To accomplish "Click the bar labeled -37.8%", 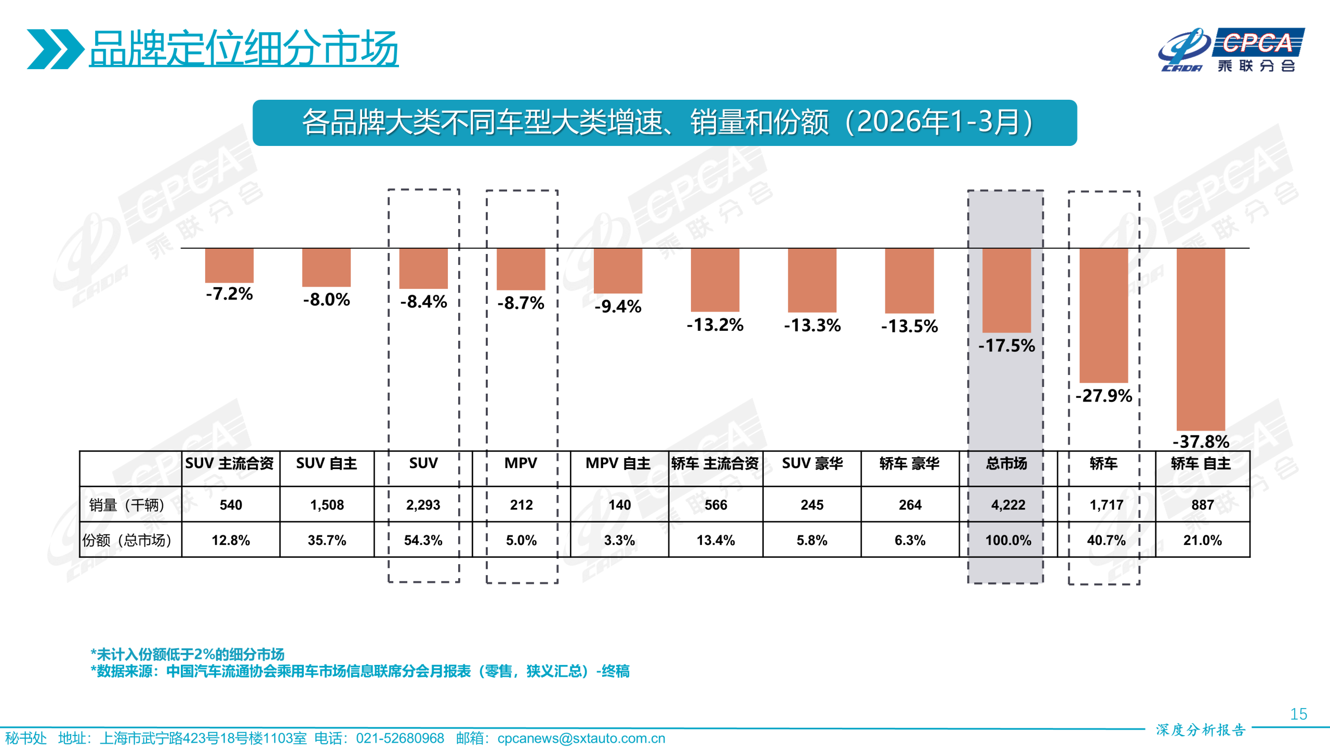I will [x=1200, y=339].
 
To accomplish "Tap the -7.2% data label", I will [x=229, y=293].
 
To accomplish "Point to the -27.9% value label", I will [x=1103, y=396].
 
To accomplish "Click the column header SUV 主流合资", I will [x=229, y=463].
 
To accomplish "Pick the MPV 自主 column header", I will [x=618, y=463].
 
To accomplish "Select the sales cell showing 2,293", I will [x=423, y=504].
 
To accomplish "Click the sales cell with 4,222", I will [x=1008, y=504].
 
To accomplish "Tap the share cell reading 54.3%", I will [x=423, y=540].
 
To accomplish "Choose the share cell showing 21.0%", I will [x=1202, y=540].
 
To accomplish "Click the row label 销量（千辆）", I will [x=127, y=504].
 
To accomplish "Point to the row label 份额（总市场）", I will [x=127, y=540].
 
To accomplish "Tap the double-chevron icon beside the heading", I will [x=55, y=49].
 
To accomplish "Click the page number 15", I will [x=1298, y=714].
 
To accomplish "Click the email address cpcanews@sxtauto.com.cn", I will [x=581, y=738].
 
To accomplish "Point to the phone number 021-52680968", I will [x=400, y=738].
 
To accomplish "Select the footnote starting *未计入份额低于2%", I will [x=188, y=654].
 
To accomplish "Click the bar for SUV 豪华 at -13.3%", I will [x=812, y=280].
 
